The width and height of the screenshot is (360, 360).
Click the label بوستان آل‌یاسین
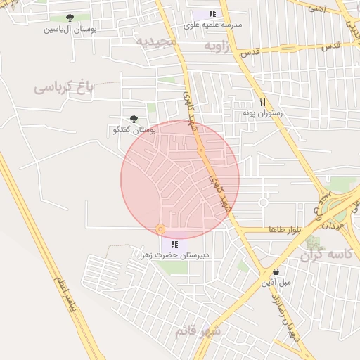click(70, 30)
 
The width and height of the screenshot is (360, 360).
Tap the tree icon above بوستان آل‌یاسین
click(69, 18)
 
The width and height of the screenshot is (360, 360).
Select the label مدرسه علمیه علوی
click(212, 25)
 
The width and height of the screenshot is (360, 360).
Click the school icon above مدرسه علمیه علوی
click(212, 13)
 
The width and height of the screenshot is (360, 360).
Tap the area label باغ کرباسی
click(64, 89)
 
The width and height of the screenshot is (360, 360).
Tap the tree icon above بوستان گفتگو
click(134, 120)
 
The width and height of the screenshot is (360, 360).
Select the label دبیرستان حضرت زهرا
click(175, 255)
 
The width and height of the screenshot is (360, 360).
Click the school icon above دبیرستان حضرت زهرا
click(174, 244)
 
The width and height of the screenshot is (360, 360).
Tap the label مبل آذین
click(276, 283)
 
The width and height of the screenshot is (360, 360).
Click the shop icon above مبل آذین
click(276, 271)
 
